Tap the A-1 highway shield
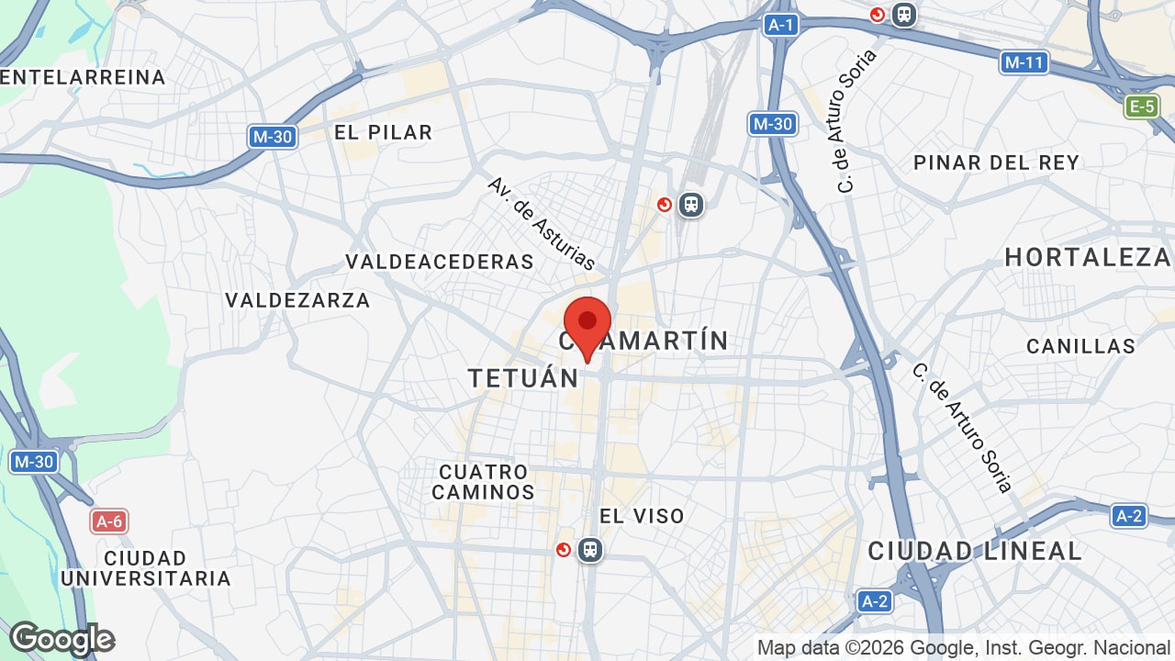point(780,25)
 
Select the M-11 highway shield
point(1024,62)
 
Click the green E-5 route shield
point(1141,106)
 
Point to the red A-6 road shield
point(108,521)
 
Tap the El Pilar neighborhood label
point(383,132)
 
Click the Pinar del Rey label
point(996,162)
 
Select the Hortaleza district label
point(1088,257)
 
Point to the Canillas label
point(1080,346)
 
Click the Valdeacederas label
point(440,262)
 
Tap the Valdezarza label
point(297,300)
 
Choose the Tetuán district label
point(523,377)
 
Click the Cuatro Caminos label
point(483,482)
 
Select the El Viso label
point(642,516)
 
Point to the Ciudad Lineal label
point(975,551)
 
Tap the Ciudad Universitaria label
point(146,568)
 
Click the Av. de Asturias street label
point(542,223)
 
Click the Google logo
point(62,639)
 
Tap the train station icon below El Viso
point(590,550)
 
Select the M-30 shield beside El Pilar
point(273,137)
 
